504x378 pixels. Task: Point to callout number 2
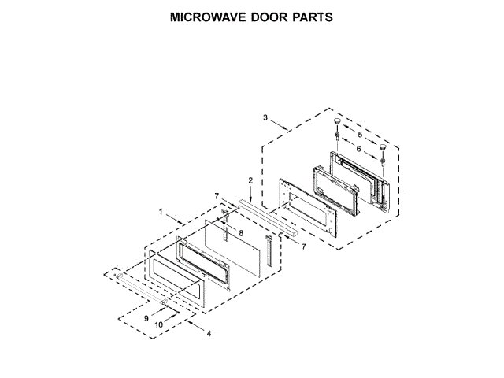250,180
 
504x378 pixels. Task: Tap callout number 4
209,333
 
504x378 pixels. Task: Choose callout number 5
360,135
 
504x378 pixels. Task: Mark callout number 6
360,148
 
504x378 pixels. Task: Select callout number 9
146,317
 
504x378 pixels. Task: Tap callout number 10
158,324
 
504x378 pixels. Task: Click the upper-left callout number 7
216,195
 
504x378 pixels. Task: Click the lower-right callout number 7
303,246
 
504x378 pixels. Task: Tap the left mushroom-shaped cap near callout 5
336,124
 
